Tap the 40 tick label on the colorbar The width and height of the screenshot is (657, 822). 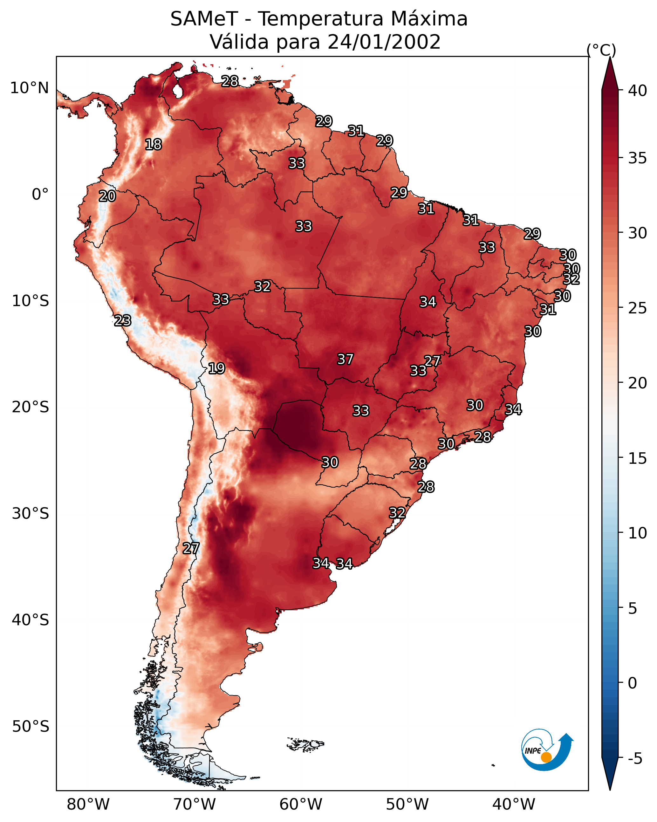(x=638, y=91)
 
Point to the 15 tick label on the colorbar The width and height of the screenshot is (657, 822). (x=638, y=458)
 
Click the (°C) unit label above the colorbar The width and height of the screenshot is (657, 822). (x=601, y=50)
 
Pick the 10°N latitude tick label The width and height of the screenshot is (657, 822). (x=29, y=88)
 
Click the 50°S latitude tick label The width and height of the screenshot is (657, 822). (x=31, y=727)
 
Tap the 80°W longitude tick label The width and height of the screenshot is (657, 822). (x=88, y=804)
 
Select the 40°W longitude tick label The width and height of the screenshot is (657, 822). (x=514, y=804)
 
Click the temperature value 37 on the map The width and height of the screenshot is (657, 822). (x=346, y=359)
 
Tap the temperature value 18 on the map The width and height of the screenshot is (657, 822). (x=153, y=145)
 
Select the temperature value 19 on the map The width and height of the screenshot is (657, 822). (x=216, y=368)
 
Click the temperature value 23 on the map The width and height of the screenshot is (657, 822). (x=123, y=321)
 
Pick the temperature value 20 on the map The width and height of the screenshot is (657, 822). (x=107, y=196)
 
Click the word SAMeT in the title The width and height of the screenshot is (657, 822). (x=204, y=19)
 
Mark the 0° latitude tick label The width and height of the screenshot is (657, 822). (x=40, y=195)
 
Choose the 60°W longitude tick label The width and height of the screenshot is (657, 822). (x=301, y=804)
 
